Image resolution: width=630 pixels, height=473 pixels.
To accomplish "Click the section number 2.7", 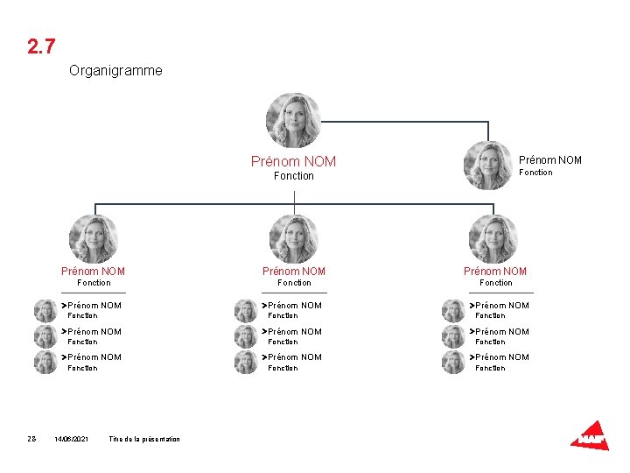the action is [42, 46].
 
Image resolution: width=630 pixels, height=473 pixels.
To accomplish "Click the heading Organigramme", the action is [115, 70].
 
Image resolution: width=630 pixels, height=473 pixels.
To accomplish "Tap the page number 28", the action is [31, 439].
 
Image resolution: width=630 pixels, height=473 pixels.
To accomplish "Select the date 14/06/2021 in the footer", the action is [71, 439].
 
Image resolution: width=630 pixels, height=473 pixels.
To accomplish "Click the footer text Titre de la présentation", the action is [144, 439].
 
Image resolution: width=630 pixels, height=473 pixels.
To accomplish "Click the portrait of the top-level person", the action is [293, 120].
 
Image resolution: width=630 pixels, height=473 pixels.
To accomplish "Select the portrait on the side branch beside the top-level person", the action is [487, 165].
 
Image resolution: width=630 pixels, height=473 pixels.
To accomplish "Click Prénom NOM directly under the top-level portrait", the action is [293, 161].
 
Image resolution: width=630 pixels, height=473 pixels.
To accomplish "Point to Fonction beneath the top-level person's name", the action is [293, 176].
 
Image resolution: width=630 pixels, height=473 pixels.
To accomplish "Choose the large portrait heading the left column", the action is [93, 238].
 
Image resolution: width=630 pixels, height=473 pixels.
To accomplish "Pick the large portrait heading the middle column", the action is [293, 238].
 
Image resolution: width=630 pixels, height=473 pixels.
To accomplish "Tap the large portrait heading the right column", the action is [493, 238].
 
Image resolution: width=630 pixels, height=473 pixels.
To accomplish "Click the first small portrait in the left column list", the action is [45, 311].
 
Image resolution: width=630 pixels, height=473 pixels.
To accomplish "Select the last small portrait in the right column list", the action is [453, 362].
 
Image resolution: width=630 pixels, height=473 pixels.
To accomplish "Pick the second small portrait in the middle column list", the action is [246, 336].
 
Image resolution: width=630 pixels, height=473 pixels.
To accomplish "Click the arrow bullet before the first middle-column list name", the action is [263, 306].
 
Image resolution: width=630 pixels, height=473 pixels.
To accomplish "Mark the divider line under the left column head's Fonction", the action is [94, 293].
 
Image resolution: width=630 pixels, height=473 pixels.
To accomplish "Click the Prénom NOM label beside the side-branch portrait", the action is [549, 159].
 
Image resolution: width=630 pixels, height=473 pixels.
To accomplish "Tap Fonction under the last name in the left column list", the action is [82, 368].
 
